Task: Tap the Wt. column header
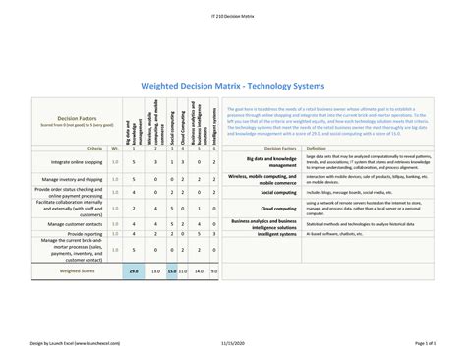pos(115,149)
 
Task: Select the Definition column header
pos(317,149)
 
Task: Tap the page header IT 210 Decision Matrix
pos(232,17)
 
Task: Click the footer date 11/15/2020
pos(232,342)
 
